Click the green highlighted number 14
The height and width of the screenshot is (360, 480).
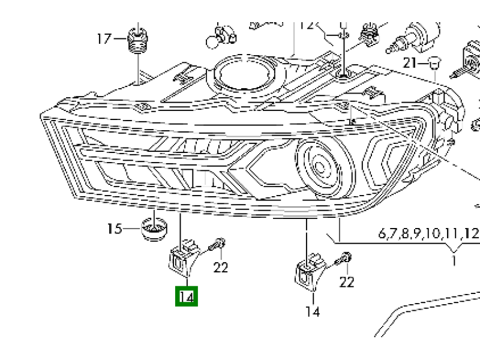click(187, 296)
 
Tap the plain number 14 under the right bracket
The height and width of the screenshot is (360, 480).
click(313, 311)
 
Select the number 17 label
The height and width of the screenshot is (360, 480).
click(105, 39)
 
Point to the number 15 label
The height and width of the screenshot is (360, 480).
click(114, 229)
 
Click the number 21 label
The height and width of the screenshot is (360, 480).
click(410, 63)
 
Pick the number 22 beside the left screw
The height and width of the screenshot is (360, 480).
click(221, 267)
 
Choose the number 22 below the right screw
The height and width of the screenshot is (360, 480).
click(347, 281)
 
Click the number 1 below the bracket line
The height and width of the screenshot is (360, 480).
click(454, 261)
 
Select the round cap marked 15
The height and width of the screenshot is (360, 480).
click(153, 229)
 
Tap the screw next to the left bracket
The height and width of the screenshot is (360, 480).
click(217, 245)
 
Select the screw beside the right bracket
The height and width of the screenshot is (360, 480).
click(344, 259)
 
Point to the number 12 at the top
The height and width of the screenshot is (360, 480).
click(307, 26)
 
